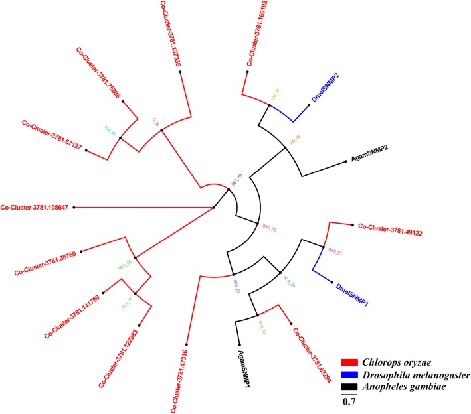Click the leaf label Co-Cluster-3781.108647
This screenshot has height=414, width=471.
click(x=37, y=207)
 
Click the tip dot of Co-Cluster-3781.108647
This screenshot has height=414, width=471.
click(x=74, y=208)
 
